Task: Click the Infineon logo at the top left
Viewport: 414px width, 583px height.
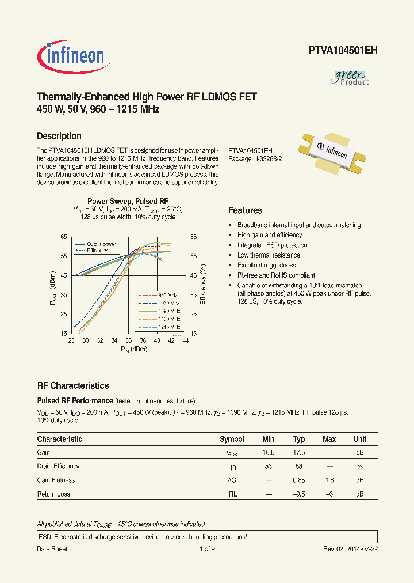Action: [71, 55]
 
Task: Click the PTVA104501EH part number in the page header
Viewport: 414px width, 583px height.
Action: [343, 50]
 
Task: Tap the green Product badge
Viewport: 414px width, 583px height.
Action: [351, 77]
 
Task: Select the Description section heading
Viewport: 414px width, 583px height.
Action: [59, 136]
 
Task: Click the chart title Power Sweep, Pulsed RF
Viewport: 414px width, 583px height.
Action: [128, 201]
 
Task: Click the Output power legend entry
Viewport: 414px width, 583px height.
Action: [101, 244]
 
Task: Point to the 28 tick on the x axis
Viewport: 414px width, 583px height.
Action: [72, 341]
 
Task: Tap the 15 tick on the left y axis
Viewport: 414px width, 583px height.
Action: [63, 333]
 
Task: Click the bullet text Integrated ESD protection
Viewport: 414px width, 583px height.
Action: [273, 245]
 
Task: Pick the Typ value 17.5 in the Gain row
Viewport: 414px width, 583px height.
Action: [298, 453]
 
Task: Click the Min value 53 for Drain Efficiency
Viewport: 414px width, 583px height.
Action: [269, 467]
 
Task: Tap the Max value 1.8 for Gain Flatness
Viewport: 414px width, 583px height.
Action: [329, 480]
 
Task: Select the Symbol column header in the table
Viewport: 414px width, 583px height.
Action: [232, 439]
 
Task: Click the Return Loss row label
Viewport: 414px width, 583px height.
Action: [54, 494]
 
